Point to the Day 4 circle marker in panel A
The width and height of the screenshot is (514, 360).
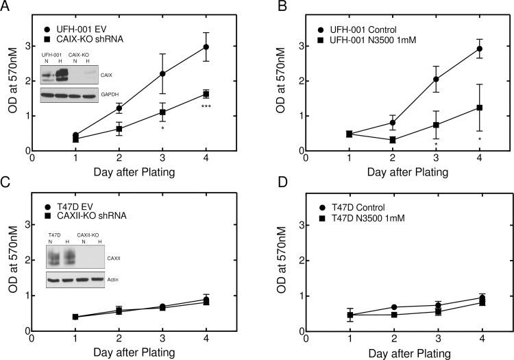(x=206, y=47)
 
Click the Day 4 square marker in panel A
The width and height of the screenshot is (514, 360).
(x=206, y=94)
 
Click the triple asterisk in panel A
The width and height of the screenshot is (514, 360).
(x=206, y=108)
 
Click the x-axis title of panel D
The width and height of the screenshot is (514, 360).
(x=406, y=352)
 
